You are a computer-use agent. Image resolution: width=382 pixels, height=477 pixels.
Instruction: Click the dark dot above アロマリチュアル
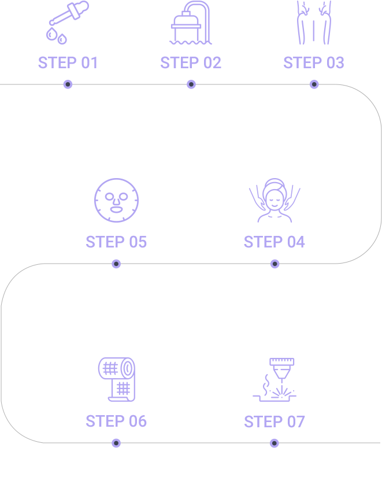(x=68, y=84)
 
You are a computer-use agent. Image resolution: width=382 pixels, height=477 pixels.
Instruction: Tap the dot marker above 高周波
(x=191, y=84)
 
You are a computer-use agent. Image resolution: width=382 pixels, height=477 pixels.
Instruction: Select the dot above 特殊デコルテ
(x=314, y=84)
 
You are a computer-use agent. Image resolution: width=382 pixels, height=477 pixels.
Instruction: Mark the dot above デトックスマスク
(x=116, y=264)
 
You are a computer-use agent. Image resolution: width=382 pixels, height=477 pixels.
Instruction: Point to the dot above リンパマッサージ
(x=274, y=264)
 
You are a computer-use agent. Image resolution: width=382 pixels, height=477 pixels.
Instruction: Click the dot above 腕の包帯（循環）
(x=116, y=443)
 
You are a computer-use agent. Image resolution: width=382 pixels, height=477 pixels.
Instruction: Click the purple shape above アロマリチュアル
(x=68, y=40)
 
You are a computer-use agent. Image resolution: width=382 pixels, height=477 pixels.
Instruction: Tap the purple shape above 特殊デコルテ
(x=314, y=40)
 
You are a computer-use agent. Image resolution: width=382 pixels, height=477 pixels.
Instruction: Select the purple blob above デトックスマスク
(x=116, y=202)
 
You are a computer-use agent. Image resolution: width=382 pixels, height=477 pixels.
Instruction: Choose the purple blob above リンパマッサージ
(x=274, y=202)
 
